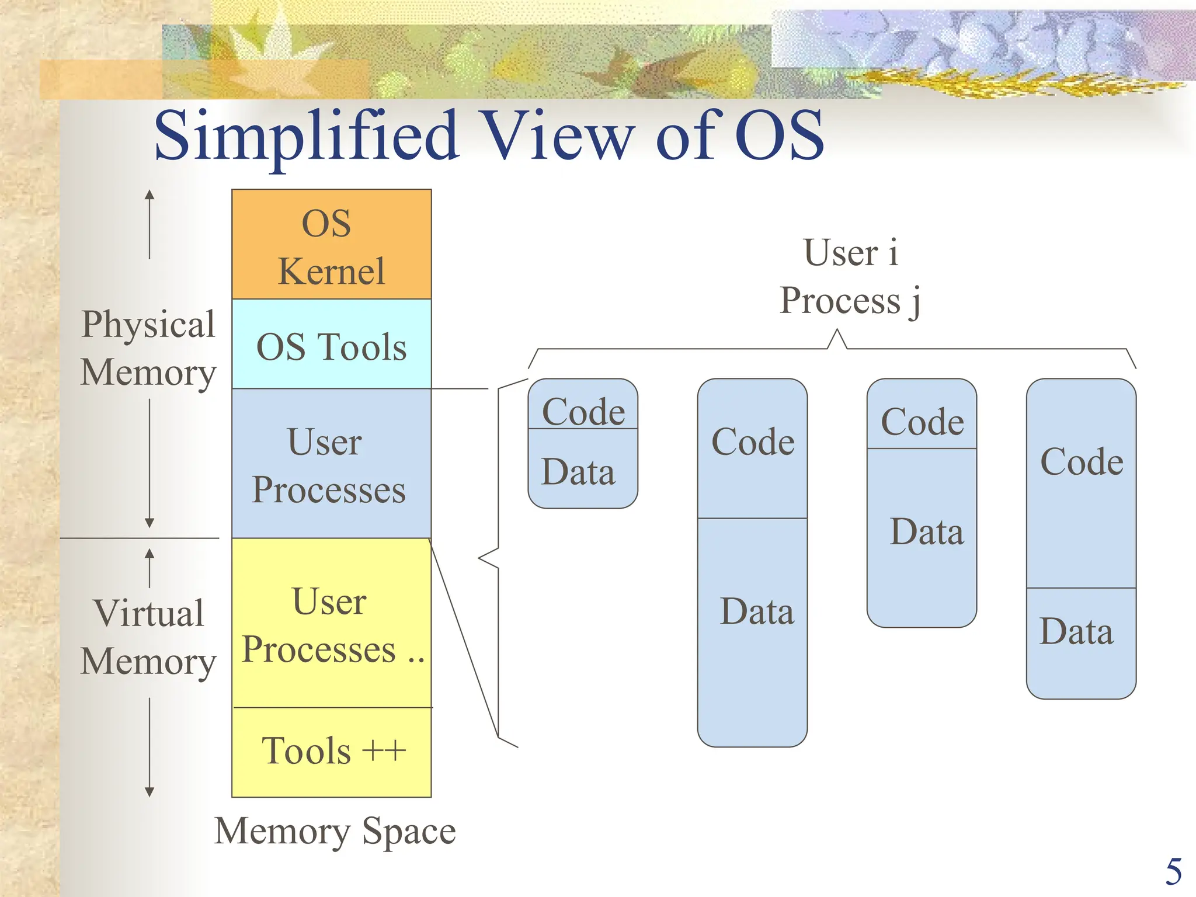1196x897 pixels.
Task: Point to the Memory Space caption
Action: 335,831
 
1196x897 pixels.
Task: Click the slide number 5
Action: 1173,872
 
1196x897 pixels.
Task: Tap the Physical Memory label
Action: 148,348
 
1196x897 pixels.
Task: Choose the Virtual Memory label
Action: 148,637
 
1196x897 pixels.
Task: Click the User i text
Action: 850,252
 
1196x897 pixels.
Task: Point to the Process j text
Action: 850,301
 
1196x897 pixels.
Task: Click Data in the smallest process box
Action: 578,472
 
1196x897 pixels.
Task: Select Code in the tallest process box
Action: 753,442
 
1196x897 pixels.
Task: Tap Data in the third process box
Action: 926,532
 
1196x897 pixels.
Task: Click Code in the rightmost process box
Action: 1082,462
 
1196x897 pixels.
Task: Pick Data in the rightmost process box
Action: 1076,632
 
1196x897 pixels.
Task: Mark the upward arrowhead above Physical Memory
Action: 149,194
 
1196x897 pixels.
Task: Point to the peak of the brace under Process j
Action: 837,331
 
